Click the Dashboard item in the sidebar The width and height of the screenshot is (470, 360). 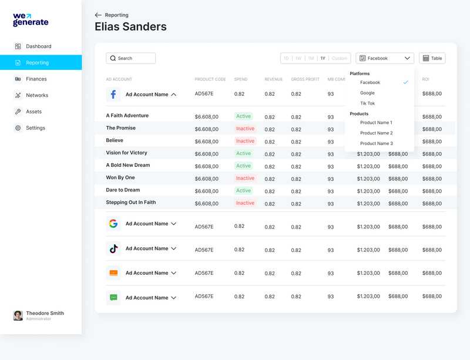tap(38, 46)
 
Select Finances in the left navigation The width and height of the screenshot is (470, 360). tap(36, 79)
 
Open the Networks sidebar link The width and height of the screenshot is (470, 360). tap(36, 95)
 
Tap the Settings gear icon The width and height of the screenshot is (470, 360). tap(18, 128)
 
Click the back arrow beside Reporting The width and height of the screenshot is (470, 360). tap(98, 15)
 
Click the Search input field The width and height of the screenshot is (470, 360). tap(130, 58)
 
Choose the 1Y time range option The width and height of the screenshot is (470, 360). tap(323, 58)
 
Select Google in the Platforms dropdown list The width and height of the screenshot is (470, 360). tap(367, 93)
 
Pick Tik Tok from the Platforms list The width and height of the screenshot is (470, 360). tap(367, 103)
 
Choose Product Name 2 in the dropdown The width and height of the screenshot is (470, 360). tap(376, 133)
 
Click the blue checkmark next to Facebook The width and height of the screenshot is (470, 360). tap(405, 83)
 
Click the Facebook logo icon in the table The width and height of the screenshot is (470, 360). tap(113, 94)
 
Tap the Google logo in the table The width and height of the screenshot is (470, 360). tap(113, 224)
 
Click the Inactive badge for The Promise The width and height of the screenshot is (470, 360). tap(245, 129)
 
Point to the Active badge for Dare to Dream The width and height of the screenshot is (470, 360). tap(243, 191)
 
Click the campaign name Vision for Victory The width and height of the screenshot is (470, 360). tap(126, 153)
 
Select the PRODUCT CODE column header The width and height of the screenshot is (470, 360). tap(210, 79)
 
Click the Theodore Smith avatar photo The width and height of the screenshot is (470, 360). tap(18, 315)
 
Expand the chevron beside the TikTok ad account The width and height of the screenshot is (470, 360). tap(173, 249)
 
